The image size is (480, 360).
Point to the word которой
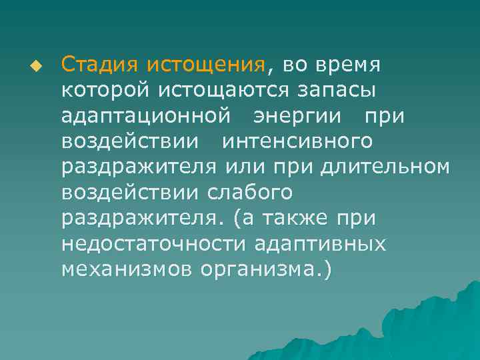click(105, 90)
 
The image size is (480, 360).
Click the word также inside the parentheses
click(299, 218)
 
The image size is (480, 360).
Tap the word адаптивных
click(321, 244)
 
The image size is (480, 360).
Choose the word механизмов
click(127, 269)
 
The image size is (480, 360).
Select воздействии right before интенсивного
click(129, 141)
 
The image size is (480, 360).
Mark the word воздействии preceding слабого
click(129, 193)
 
